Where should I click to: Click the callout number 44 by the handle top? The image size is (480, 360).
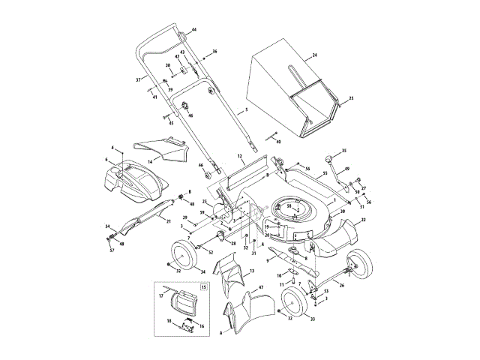pos(193,29)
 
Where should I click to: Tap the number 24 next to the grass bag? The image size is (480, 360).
pos(315,56)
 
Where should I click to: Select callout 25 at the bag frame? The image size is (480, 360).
pos(351,98)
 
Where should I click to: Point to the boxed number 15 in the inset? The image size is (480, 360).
pos(204,286)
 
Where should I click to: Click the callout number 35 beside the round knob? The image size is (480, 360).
pos(344,151)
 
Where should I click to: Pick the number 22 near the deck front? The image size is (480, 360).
pos(363,220)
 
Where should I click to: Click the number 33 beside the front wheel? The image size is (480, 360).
pos(313,319)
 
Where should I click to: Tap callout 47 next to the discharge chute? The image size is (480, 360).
pos(260,288)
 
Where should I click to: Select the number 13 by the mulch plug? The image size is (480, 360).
pos(252,271)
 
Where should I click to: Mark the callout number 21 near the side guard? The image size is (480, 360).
pos(168,221)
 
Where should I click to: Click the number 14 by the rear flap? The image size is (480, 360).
pos(150,160)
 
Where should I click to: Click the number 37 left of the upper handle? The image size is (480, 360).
pos(138,79)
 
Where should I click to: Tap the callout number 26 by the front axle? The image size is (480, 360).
pos(342,284)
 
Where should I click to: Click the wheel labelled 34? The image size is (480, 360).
pos(183,257)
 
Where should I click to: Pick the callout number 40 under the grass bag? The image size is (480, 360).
pos(279,141)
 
